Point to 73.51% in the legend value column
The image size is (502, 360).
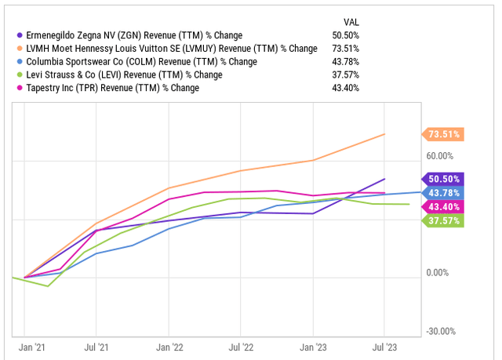point(347,49)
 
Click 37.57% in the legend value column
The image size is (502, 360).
point(347,75)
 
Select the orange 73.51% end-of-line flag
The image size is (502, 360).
point(443,134)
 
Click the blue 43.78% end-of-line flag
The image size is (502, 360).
point(443,192)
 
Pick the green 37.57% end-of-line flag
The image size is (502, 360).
point(443,220)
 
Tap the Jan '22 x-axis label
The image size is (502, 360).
point(169,345)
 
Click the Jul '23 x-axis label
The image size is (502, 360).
point(384,345)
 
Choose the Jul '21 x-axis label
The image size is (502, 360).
point(96,345)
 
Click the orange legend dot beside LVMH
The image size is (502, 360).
point(19,49)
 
